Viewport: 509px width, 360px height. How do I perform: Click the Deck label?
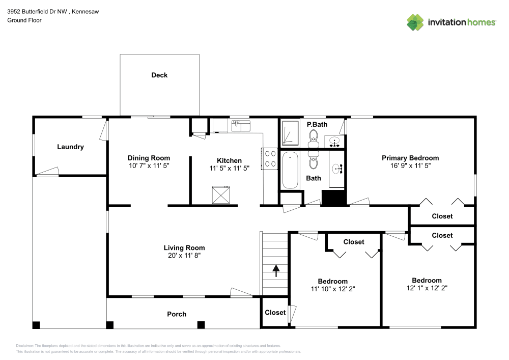click(x=159, y=75)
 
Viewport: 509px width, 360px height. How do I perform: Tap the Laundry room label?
click(x=70, y=147)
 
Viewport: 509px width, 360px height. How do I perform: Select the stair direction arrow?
click(x=276, y=270)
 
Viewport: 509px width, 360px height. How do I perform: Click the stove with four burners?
click(x=269, y=158)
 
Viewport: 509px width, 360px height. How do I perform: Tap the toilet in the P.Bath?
click(x=313, y=136)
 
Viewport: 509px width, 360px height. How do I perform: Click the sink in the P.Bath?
click(x=334, y=141)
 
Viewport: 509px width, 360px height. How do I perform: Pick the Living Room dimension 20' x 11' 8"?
click(x=184, y=256)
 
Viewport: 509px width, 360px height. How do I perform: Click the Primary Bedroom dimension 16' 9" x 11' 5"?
click(x=410, y=166)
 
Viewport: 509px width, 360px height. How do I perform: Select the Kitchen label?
click(x=229, y=160)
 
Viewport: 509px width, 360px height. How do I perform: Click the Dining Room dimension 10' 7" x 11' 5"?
click(x=149, y=166)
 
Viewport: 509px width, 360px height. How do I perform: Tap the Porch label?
click(x=177, y=314)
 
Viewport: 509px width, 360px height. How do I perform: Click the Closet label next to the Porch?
click(x=275, y=312)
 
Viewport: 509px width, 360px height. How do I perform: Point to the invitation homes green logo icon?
click(x=415, y=22)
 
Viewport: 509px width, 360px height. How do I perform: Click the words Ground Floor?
click(x=24, y=20)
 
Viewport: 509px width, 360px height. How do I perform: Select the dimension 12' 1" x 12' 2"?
click(x=427, y=288)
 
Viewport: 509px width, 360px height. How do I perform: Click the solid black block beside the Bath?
click(x=334, y=198)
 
